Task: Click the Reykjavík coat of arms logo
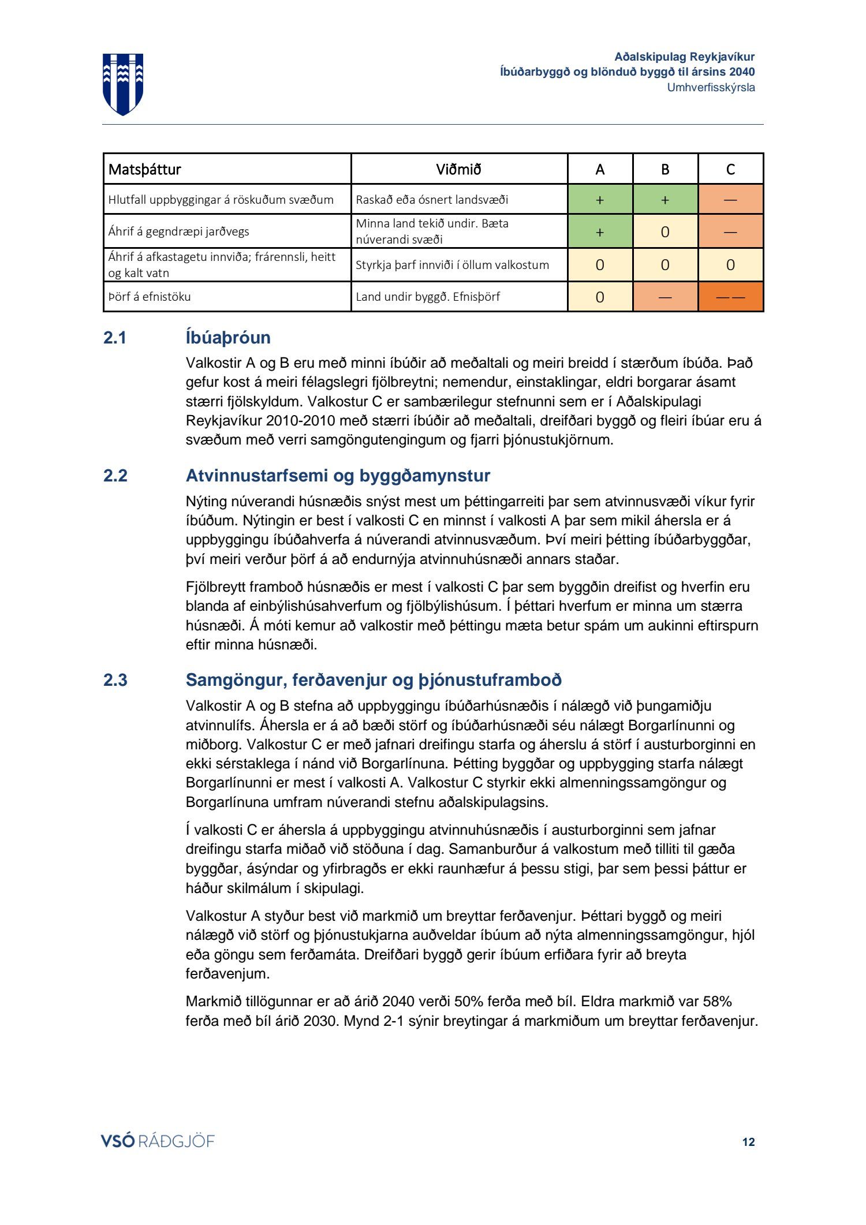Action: [123, 84]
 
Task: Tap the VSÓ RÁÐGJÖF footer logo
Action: [158, 1141]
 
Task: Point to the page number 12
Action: [748, 1142]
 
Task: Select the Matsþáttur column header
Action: [145, 170]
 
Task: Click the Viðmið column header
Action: [458, 170]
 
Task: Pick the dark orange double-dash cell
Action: [730, 297]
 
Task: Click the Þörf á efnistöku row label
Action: [150, 297]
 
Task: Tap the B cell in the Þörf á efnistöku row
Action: [665, 297]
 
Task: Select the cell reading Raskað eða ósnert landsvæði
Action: [432, 200]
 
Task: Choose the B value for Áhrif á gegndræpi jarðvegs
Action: [665, 231]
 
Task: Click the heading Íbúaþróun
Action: [228, 338]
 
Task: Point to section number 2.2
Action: [115, 476]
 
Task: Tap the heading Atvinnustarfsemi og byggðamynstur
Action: [338, 476]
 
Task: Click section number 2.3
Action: [115, 680]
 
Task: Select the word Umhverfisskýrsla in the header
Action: [711, 88]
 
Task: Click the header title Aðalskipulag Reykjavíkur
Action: [684, 57]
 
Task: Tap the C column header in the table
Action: [730, 170]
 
